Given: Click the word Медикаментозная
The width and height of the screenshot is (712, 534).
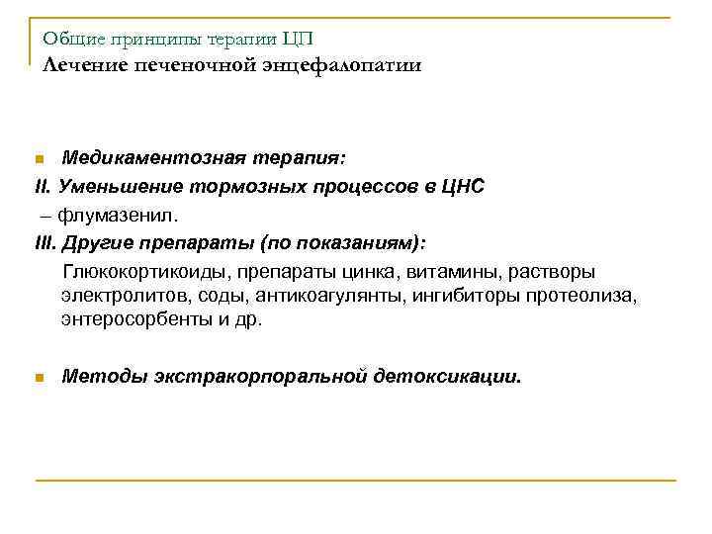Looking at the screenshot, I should coord(142,158).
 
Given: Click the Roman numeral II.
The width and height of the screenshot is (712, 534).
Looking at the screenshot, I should coord(41,186).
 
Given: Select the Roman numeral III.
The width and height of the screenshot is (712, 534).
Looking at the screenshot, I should coord(44,240).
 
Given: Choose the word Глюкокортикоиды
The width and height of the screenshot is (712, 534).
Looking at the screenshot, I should coord(136,271).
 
